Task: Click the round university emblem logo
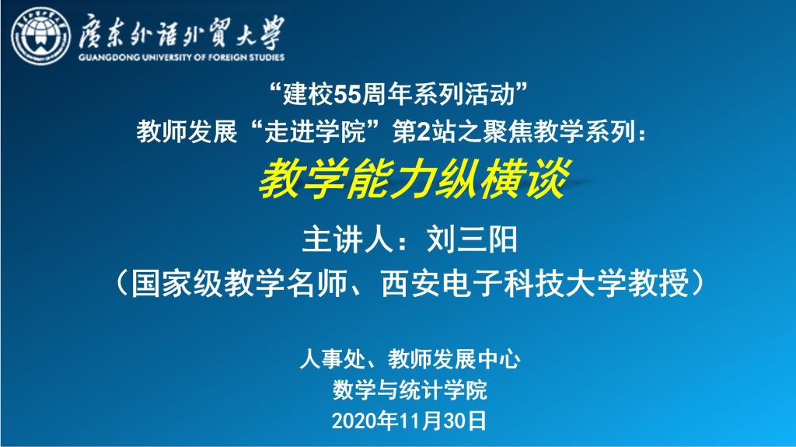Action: point(40,36)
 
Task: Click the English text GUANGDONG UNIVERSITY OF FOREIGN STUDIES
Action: point(181,58)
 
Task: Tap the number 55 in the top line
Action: point(347,95)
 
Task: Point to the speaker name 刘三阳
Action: point(472,239)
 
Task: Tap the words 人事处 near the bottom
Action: point(333,359)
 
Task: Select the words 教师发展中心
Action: point(454,359)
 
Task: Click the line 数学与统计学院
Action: point(410,390)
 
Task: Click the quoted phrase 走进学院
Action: point(315,132)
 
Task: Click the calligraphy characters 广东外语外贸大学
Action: point(181,33)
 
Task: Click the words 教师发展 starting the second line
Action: point(187,132)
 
